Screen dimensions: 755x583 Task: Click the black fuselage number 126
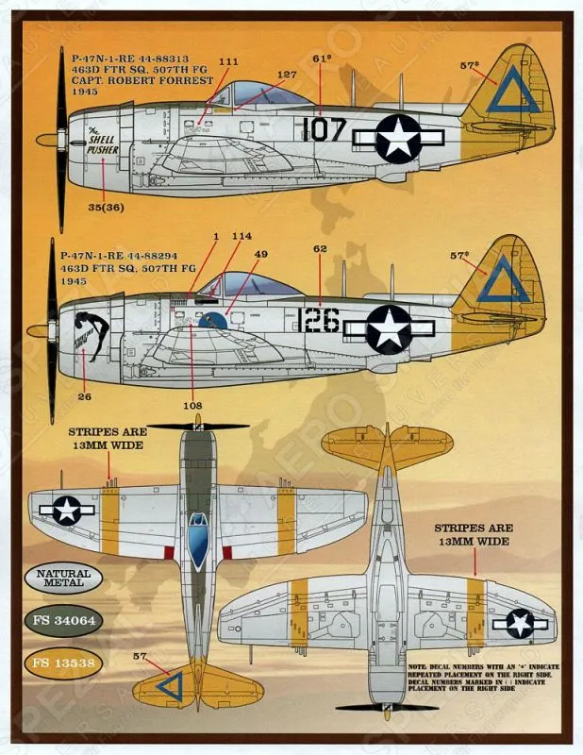pos(318,321)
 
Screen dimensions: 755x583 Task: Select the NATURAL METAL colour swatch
pos(63,578)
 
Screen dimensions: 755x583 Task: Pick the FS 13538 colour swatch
pos(63,663)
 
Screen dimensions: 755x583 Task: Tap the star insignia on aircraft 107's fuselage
pos(398,138)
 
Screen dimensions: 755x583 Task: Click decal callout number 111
pos(227,61)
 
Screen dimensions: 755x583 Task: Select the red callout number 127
pos(287,75)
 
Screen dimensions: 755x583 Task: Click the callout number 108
pos(194,407)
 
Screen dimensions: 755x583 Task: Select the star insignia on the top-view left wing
pos(67,511)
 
